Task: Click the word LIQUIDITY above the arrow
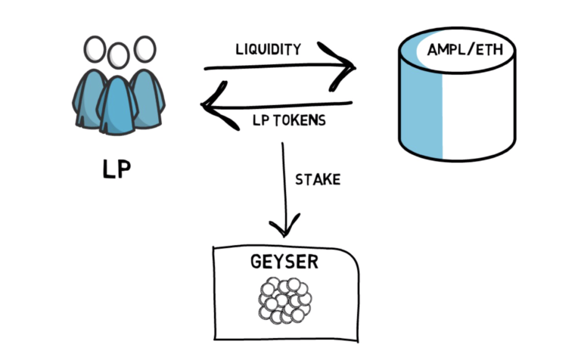tap(269, 51)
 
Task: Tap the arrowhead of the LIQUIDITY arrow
tap(348, 69)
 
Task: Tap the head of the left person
tap(95, 50)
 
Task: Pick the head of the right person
tap(144, 50)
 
